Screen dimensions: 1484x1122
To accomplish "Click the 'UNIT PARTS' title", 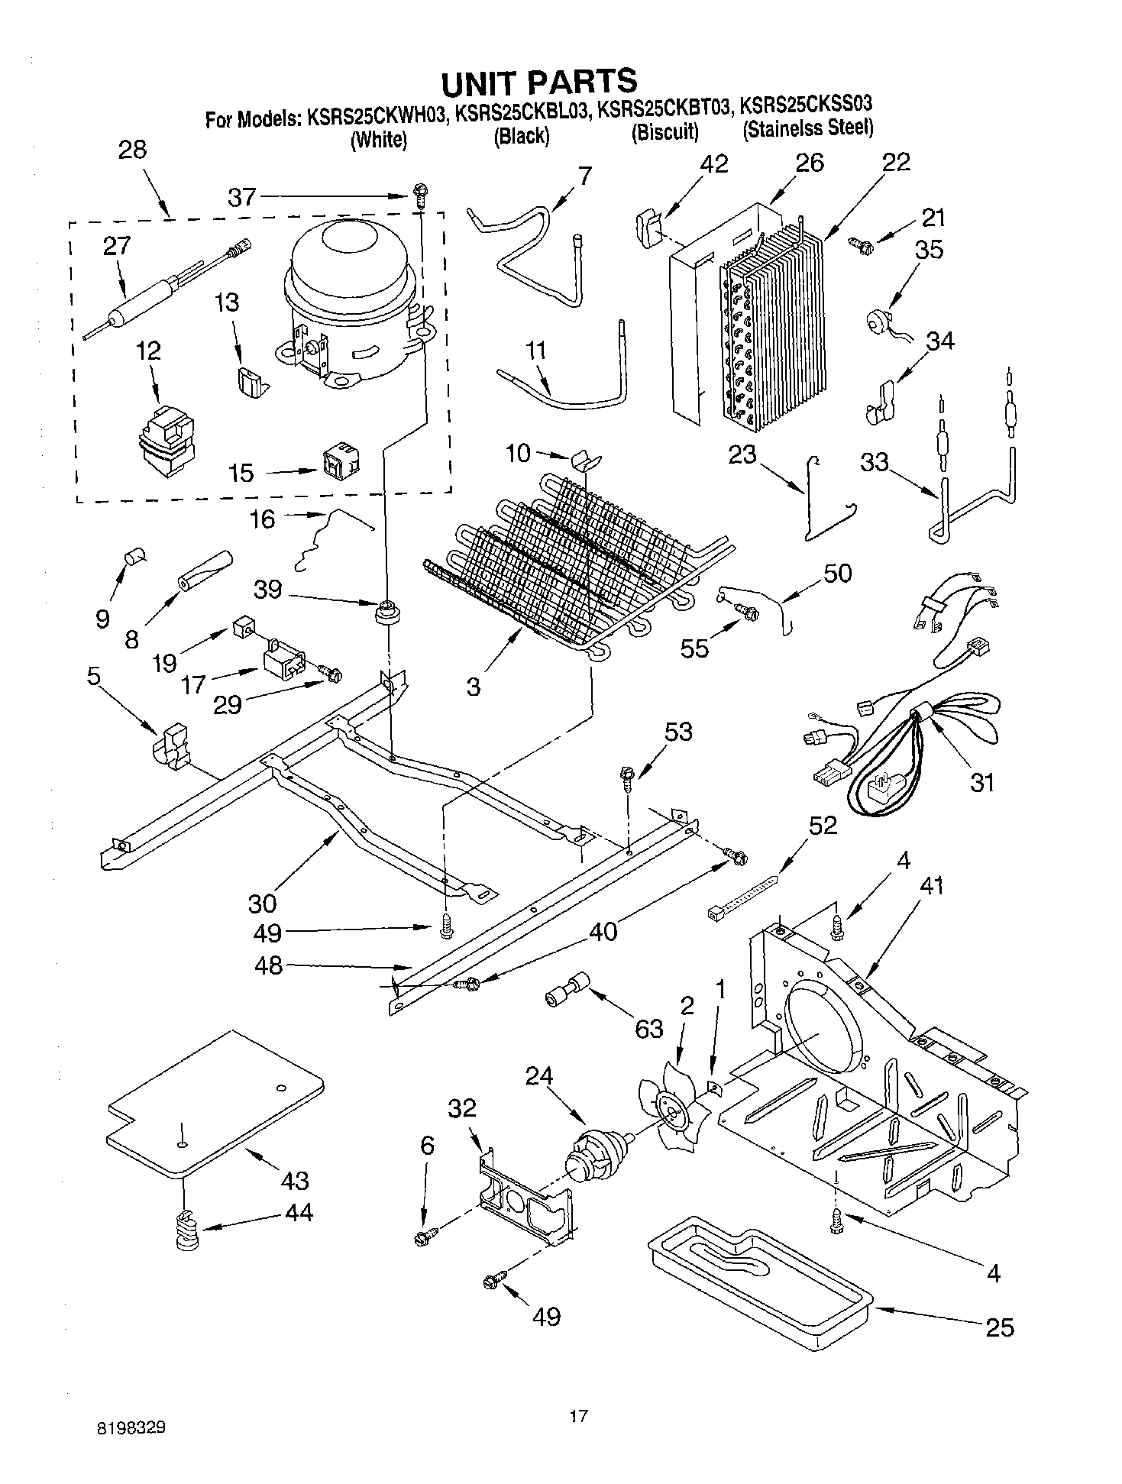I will [x=538, y=80].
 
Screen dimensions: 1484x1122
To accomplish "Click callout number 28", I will [x=133, y=150].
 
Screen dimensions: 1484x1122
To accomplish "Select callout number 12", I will [x=149, y=351].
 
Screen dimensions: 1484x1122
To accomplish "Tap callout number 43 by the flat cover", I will [x=295, y=1180].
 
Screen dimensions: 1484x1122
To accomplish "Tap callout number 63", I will [x=649, y=1029].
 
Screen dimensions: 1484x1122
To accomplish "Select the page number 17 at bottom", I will [x=578, y=1417].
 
